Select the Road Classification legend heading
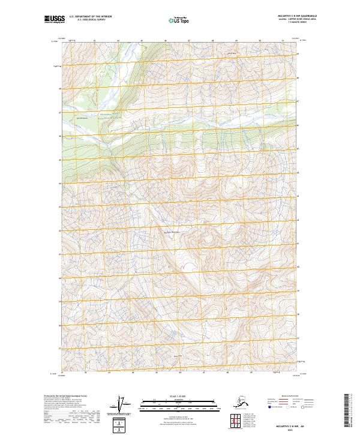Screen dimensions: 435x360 [290, 395]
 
